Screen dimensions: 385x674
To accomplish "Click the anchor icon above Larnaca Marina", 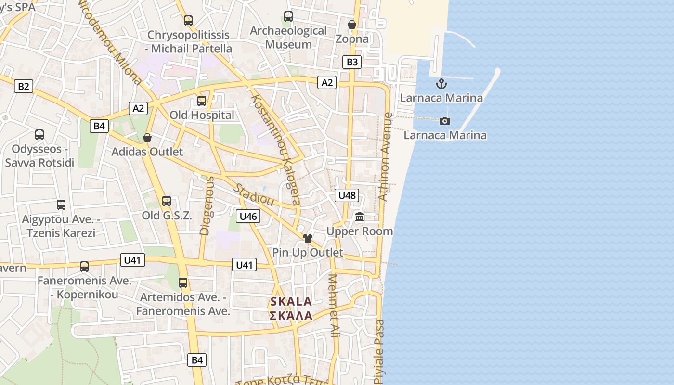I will pos(441,84).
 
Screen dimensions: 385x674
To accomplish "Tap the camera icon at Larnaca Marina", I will pos(445,121).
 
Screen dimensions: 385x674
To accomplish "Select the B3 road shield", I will pos(352,62).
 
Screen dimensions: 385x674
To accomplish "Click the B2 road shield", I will pos(23,87).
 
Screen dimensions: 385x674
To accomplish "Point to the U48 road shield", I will pos(347,195).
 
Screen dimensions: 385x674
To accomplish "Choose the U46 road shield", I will pos(248,216).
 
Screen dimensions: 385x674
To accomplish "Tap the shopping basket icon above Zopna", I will pos(352,25).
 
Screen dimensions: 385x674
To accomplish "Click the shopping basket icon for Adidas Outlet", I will pos(147,138).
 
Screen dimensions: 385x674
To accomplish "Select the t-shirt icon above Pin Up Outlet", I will pos(308,238).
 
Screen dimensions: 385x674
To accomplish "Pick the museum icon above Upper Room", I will pos(360,217).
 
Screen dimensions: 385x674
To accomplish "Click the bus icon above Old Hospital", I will pos(202,101).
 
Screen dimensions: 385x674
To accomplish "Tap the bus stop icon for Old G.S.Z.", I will pos(167,201).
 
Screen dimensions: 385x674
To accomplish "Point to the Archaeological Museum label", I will pos(288,38).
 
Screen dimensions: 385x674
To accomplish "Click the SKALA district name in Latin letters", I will pos(291,302).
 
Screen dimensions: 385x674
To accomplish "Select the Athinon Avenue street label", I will pos(386,156).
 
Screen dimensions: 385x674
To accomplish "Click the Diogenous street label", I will pos(207,205).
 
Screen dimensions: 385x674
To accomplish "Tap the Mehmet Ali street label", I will pos(333,305).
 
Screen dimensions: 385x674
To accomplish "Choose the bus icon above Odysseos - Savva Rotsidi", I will pos(39,135).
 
